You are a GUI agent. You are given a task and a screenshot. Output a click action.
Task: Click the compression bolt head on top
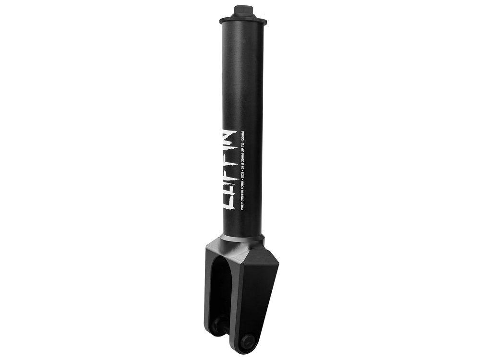(x=242, y=10)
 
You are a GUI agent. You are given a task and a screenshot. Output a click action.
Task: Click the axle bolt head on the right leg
(x=247, y=341)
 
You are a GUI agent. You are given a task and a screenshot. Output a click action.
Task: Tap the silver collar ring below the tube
(x=242, y=238)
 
